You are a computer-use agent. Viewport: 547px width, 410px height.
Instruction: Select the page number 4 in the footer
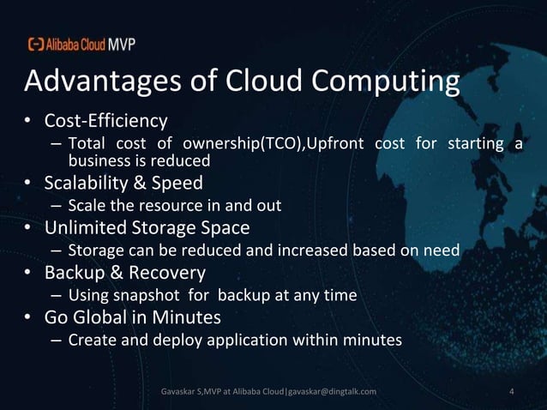pyautogui.click(x=512, y=392)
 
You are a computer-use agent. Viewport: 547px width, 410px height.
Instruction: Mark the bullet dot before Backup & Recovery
pyautogui.click(x=28, y=274)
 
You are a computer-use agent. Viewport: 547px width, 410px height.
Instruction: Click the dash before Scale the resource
pyautogui.click(x=56, y=207)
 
